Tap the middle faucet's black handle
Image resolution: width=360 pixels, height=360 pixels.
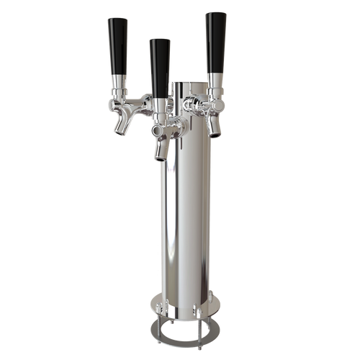pos(159,65)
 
